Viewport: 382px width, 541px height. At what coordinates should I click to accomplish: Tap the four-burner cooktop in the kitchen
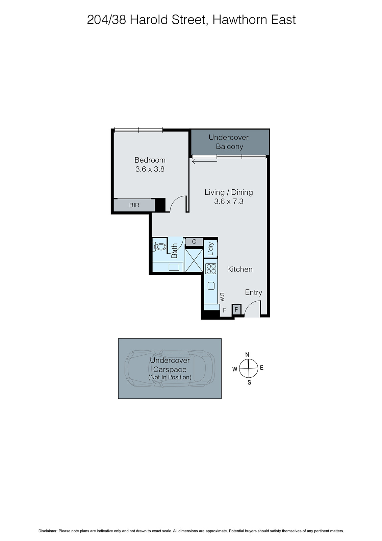[211, 268]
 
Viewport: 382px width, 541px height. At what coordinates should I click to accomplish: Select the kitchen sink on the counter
[211, 286]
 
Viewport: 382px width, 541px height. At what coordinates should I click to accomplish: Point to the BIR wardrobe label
[134, 205]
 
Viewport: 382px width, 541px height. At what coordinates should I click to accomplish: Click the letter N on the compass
[247, 355]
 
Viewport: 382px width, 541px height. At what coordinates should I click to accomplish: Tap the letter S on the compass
[249, 383]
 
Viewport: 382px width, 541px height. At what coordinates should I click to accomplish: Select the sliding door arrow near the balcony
[205, 161]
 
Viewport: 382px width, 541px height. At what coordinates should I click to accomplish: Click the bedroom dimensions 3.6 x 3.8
[150, 169]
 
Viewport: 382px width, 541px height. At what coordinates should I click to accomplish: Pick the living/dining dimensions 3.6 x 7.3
[229, 202]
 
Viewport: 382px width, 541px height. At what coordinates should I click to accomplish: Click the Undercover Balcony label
[229, 142]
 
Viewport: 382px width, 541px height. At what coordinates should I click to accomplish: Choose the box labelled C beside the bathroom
[194, 242]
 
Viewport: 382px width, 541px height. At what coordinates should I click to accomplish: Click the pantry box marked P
[236, 309]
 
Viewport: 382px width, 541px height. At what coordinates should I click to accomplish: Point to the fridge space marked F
[225, 310]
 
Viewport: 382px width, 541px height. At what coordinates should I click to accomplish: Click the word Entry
[253, 292]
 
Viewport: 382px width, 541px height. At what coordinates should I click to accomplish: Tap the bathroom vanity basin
[174, 267]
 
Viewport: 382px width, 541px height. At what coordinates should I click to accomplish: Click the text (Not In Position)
[170, 377]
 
